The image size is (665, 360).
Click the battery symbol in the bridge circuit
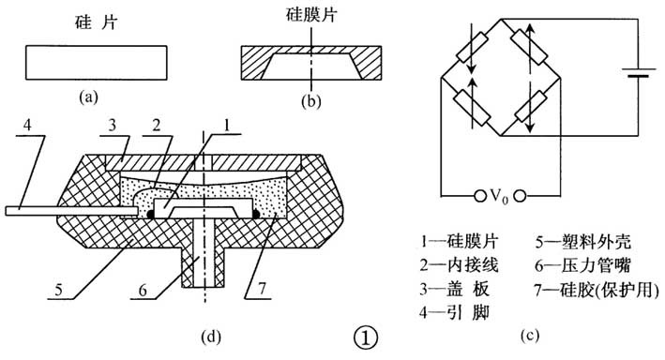pyautogui.click(x=640, y=72)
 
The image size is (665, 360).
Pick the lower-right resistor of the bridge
pyautogui.click(x=531, y=106)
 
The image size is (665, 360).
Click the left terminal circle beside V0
pyautogui.click(x=479, y=196)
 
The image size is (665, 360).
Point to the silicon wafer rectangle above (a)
pyautogui.click(x=97, y=62)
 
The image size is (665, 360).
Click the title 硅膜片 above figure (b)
pyautogui.click(x=311, y=15)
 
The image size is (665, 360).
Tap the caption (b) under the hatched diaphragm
pyautogui.click(x=310, y=101)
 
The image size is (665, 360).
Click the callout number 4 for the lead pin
pyautogui.click(x=27, y=126)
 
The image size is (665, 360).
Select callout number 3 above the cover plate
pyautogui.click(x=112, y=126)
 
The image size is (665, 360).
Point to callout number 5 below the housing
pyautogui.click(x=58, y=290)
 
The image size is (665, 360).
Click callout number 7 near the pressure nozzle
pyautogui.click(x=262, y=289)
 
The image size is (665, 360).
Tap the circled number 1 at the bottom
pyautogui.click(x=365, y=337)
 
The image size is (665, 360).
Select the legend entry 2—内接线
pyautogui.click(x=459, y=265)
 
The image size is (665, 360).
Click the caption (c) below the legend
pyautogui.click(x=530, y=335)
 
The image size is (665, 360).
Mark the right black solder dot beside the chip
pyautogui.click(x=256, y=215)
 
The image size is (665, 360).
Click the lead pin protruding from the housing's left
pyautogui.click(x=71, y=211)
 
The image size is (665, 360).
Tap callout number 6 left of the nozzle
pyautogui.click(x=143, y=290)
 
